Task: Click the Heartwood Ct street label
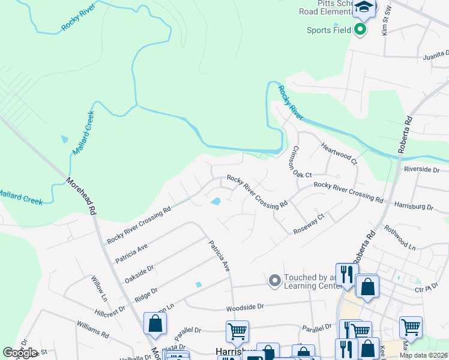pyautogui.click(x=339, y=154)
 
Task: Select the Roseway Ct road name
pyautogui.click(x=309, y=223)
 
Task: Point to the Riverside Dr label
pyautogui.click(x=421, y=170)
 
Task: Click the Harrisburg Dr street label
pyautogui.click(x=414, y=206)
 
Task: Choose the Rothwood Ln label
pyautogui.click(x=400, y=237)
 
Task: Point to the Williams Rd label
pyautogui.click(x=92, y=328)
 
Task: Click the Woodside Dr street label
pyautogui.click(x=244, y=307)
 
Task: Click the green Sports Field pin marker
pyautogui.click(x=360, y=29)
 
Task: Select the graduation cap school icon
pyautogui.click(x=364, y=8)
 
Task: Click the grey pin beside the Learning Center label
pyautogui.click(x=274, y=280)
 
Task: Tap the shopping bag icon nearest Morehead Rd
pyautogui.click(x=155, y=324)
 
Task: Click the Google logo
pyautogui.click(x=20, y=353)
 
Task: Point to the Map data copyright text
pyautogui.click(x=423, y=355)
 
